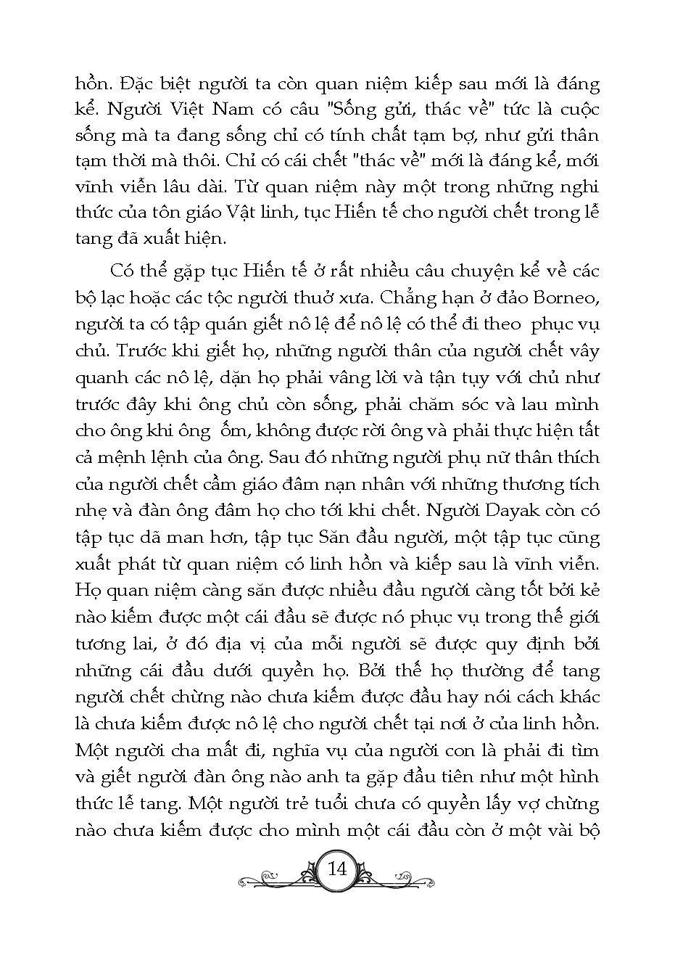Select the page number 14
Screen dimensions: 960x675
tap(338, 868)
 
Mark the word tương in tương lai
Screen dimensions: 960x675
tap(99, 644)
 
